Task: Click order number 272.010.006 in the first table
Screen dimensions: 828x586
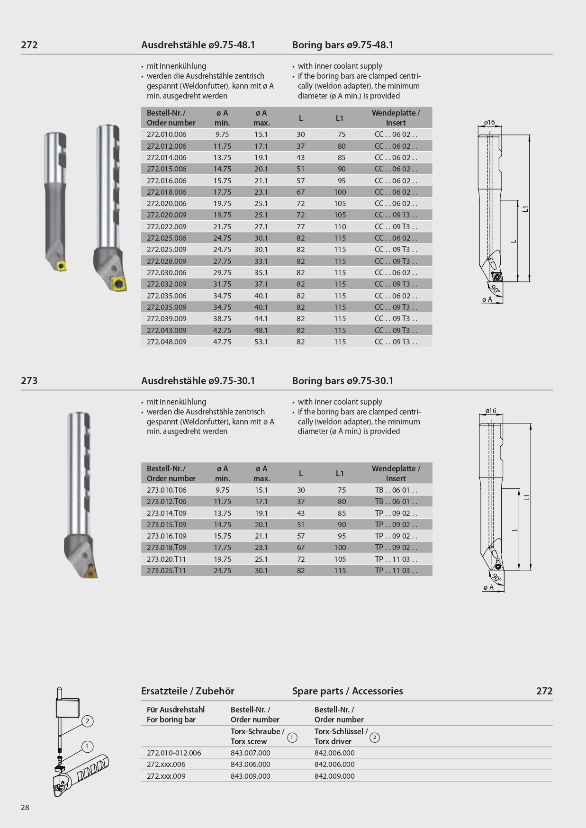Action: point(166,135)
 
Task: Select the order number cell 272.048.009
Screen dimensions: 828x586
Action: point(166,342)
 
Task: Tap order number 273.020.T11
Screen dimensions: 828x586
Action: point(166,559)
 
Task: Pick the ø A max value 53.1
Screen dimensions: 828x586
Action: point(261,342)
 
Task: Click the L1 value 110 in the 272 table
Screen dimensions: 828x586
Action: point(340,227)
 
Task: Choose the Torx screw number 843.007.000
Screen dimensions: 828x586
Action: point(250,753)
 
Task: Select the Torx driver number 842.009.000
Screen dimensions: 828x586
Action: point(334,776)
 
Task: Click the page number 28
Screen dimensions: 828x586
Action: point(25,808)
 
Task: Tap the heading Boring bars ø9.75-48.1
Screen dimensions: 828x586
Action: point(343,45)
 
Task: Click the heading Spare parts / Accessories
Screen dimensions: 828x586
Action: point(347,691)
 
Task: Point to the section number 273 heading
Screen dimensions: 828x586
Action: point(29,381)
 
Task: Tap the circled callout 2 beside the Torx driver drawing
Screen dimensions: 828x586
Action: point(87,721)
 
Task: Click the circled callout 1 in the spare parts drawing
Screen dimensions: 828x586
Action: point(87,747)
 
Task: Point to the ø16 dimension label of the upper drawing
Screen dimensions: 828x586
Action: point(489,122)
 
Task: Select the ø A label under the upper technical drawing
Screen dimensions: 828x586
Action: point(487,299)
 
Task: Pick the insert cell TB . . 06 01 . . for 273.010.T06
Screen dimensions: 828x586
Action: point(396,490)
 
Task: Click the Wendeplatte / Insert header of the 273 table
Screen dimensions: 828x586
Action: point(396,474)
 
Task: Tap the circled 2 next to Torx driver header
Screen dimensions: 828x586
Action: point(374,738)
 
